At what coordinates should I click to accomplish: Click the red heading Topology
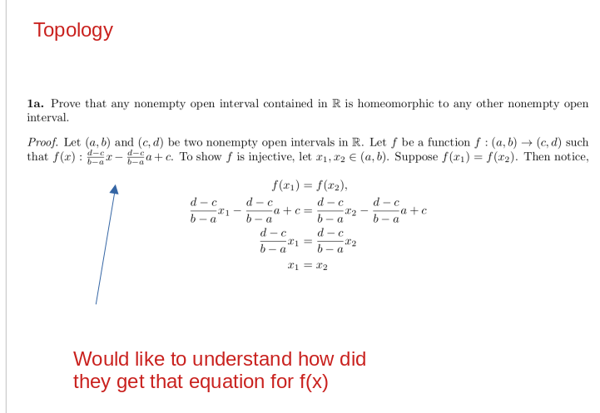click(73, 31)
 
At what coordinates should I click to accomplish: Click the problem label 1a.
click(35, 105)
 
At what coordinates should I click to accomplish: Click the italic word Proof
click(42, 143)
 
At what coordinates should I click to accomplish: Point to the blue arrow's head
click(115, 189)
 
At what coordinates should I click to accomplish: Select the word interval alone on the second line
click(47, 118)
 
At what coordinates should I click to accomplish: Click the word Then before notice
click(534, 157)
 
